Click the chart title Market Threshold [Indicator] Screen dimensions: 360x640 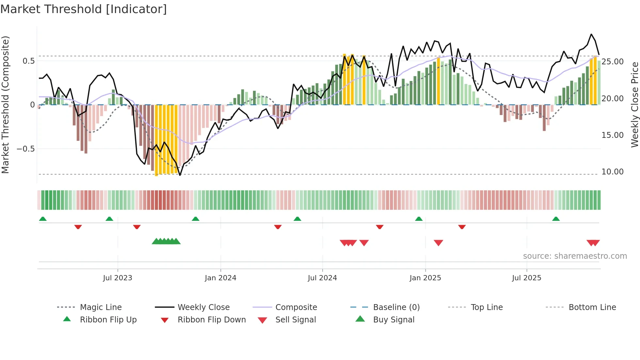pos(84,9)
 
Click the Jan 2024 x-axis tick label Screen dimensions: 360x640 pos(220,278)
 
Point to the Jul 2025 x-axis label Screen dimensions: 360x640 pos(526,278)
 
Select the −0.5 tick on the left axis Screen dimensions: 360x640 pos(25,149)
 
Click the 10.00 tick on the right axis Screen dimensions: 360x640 pos(612,172)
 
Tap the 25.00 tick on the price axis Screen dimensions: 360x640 pos(612,62)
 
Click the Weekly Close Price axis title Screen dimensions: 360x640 pos(634,105)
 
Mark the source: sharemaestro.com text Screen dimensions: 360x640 pos(575,256)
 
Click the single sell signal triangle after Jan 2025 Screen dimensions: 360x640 pos(438,242)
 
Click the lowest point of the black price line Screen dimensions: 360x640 pos(180,175)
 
